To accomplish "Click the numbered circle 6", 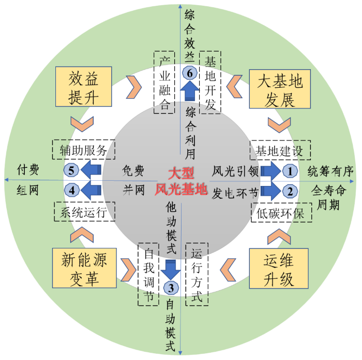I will click(190, 73).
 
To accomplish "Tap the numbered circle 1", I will click(290, 170).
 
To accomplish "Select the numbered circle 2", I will click(290, 191).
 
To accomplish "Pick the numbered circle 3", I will click(170, 287).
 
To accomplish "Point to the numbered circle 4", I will click(72, 191).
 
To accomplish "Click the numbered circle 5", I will click(72, 170).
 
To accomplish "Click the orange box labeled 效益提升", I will click(83, 87).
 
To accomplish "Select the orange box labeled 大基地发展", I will click(279, 88).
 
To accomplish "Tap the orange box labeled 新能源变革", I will click(83, 268).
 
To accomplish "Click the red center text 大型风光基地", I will click(181, 181).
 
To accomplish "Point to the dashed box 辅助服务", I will click(83, 150).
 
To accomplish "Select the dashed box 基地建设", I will click(280, 150).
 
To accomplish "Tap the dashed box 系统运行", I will click(84, 211).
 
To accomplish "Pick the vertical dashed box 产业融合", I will click(165, 82).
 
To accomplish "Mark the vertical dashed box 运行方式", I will click(197, 274).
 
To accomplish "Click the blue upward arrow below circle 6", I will click(190, 93).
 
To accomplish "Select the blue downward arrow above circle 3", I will click(170, 268).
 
